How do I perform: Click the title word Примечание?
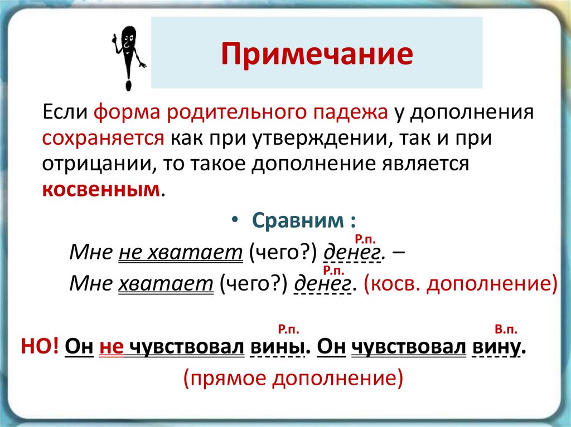point(317,54)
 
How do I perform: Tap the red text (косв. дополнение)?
point(461,283)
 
